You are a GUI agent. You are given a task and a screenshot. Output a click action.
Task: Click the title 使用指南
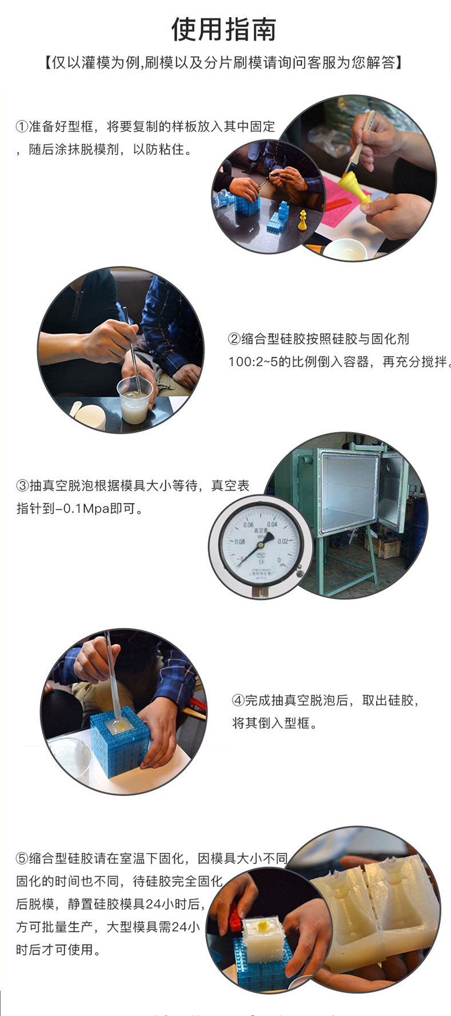point(224,30)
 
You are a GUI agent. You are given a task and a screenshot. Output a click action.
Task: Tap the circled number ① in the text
point(22,127)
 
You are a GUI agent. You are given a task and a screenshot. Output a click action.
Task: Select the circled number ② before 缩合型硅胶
point(234,339)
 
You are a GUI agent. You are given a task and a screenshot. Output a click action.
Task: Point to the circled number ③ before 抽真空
point(22,486)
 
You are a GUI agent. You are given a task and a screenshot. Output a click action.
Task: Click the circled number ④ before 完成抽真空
point(238,701)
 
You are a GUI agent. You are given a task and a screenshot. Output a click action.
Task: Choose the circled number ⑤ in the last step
point(22,858)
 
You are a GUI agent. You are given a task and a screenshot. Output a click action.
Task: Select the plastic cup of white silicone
point(135,401)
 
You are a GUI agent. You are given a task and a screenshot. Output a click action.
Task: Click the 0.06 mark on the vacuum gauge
point(248,525)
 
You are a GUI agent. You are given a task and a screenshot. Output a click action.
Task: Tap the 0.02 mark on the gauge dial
point(282,541)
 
